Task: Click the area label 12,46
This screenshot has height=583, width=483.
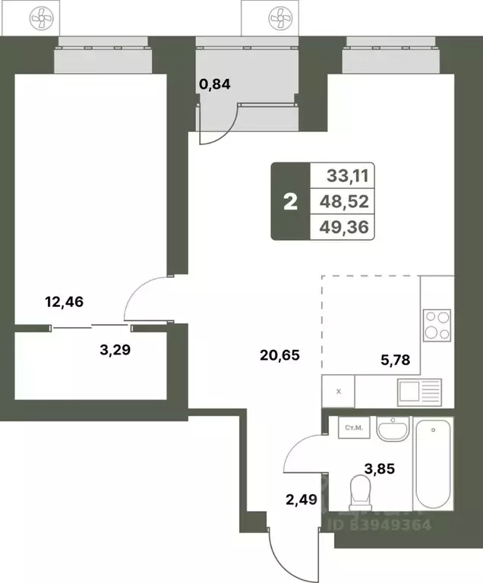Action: pos(65,302)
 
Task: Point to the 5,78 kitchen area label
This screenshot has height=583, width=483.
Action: pos(395,361)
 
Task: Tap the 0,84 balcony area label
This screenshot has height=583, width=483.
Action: pos(214,84)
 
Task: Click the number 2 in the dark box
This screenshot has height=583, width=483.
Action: pos(289,202)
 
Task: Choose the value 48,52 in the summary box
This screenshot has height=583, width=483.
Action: pos(347,202)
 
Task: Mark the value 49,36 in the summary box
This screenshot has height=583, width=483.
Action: pos(347,228)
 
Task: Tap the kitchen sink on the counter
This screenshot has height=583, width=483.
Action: pos(418,392)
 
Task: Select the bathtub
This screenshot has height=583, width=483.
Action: pos(434,465)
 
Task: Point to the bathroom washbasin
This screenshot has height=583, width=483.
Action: pos(393,429)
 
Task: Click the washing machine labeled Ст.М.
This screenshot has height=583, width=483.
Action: pos(353,428)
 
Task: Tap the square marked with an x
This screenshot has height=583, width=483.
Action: pos(338,392)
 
